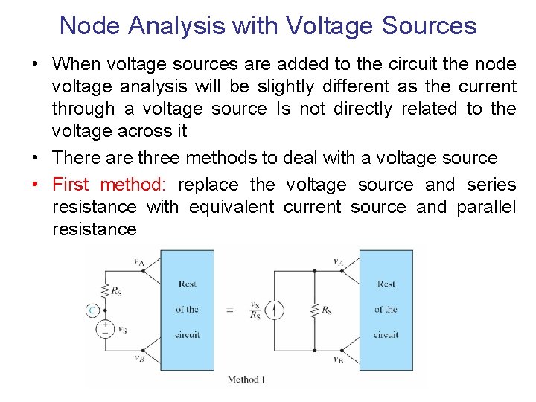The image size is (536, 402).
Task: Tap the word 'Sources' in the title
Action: tap(430, 25)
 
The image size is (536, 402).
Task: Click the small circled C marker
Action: tap(92, 310)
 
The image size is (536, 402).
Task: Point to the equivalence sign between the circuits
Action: tap(229, 310)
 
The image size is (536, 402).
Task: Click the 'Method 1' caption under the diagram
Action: tap(246, 380)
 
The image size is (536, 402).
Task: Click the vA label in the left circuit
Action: tap(139, 261)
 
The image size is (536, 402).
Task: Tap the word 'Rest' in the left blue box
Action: tap(188, 284)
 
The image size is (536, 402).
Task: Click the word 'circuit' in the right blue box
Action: tap(386, 335)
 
